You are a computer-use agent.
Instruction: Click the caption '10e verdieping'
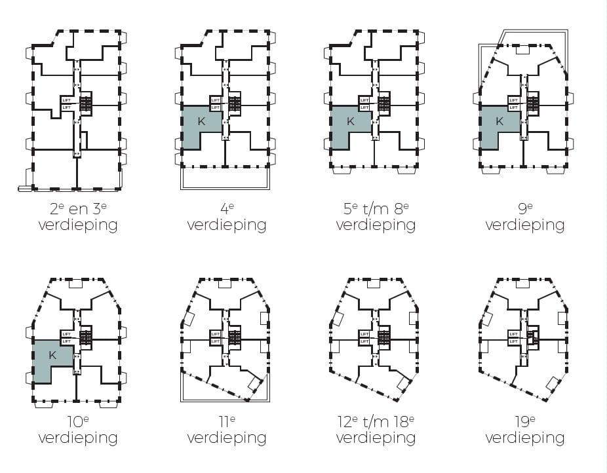click(77, 430)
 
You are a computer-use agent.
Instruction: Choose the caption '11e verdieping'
click(227, 430)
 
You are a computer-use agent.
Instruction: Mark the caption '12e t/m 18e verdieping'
click(376, 430)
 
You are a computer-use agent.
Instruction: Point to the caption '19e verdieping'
click(524, 430)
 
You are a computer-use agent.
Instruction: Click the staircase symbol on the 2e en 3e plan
click(87, 103)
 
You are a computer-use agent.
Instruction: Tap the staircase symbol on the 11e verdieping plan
click(235, 337)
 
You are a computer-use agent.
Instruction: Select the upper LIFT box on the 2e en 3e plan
click(66, 100)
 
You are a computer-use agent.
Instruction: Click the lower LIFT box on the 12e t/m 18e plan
click(364, 341)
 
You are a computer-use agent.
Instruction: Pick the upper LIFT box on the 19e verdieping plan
click(513, 334)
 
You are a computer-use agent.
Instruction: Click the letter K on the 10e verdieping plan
click(52, 356)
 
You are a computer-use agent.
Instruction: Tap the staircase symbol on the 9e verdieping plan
click(533, 103)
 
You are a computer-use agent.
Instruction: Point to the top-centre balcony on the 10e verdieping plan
click(76, 284)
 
